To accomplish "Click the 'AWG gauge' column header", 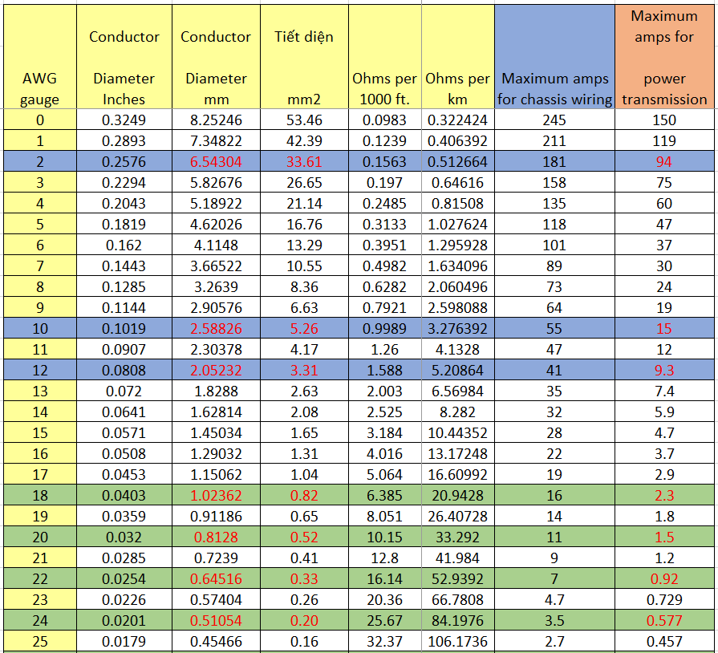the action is pos(40,89).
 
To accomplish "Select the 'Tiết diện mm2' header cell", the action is pos(304,67).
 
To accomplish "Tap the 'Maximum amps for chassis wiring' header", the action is pos(554,89).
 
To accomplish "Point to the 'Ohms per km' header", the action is pos(457,89).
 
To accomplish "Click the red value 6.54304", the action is pos(216,162).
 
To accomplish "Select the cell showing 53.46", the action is pos(304,120).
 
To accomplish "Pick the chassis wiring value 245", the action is pos(554,120).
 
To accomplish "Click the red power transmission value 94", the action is pos(664,162).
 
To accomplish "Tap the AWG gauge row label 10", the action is pos(40,328).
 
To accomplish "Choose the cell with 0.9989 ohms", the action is pos(384,328).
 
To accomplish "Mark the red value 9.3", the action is pos(664,370).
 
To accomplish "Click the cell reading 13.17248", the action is pos(457,453).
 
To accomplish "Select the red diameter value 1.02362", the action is pos(216,495).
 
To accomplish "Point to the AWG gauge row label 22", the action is pos(40,578).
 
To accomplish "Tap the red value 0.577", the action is pos(664,620).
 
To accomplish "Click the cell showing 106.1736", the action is pos(457,641).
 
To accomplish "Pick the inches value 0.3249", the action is pos(124,120).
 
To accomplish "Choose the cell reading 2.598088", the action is pos(457,307).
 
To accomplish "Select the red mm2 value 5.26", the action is pos(304,328).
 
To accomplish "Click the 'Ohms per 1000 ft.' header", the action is pos(384,89).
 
